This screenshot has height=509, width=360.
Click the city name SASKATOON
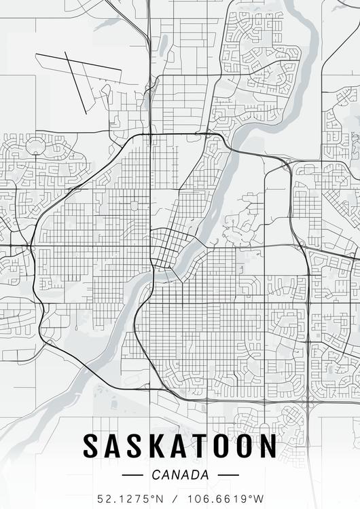point(180,446)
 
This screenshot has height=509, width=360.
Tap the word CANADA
point(181,474)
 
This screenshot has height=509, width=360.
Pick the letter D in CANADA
point(192,474)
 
